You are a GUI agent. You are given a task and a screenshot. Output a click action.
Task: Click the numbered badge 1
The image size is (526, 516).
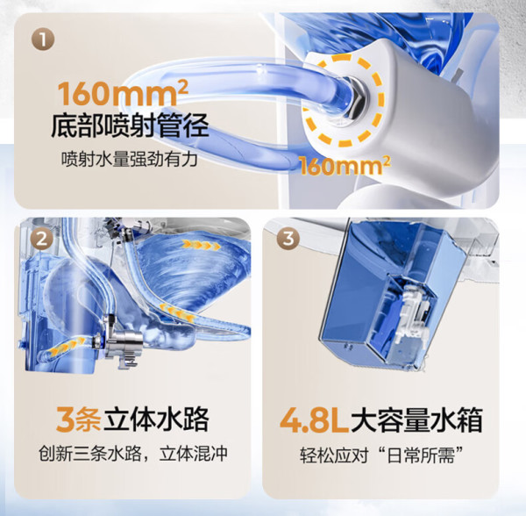pyautogui.click(x=43, y=39)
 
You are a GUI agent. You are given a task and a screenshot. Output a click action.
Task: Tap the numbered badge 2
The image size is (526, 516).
pyautogui.click(x=42, y=240)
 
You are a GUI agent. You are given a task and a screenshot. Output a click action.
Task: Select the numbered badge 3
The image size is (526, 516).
pyautogui.click(x=288, y=239)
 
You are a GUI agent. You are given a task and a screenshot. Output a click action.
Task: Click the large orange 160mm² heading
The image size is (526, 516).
pyautogui.click(x=123, y=93)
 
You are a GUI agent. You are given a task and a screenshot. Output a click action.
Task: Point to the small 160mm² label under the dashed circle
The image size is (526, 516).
pyautogui.click(x=345, y=166)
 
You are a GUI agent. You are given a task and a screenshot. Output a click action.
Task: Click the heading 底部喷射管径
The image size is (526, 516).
pyautogui.click(x=130, y=125)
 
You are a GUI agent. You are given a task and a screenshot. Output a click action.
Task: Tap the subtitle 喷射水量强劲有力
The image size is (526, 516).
pyautogui.click(x=130, y=159)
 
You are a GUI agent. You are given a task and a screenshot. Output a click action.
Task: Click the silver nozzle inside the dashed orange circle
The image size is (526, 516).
pyautogui.click(x=352, y=101)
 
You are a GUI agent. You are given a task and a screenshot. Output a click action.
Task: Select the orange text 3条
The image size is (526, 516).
pyautogui.click(x=79, y=419)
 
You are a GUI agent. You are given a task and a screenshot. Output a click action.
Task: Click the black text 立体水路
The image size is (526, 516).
pyautogui.click(x=156, y=419)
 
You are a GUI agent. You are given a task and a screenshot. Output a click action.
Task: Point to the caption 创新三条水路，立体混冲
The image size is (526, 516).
pyautogui.click(x=133, y=455)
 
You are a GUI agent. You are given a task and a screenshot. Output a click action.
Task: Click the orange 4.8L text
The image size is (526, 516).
pyautogui.click(x=315, y=420)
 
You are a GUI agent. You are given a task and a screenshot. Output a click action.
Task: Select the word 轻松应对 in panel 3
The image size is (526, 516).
pyautogui.click(x=334, y=455)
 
